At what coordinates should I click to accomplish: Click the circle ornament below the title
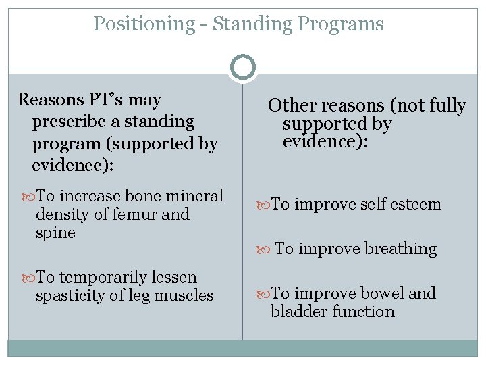coord(243,68)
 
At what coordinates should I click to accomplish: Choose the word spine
coord(55,233)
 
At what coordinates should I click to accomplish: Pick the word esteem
coord(415,204)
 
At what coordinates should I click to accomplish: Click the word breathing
coord(400,249)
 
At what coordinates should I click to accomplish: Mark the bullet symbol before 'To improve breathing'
coord(265,249)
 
